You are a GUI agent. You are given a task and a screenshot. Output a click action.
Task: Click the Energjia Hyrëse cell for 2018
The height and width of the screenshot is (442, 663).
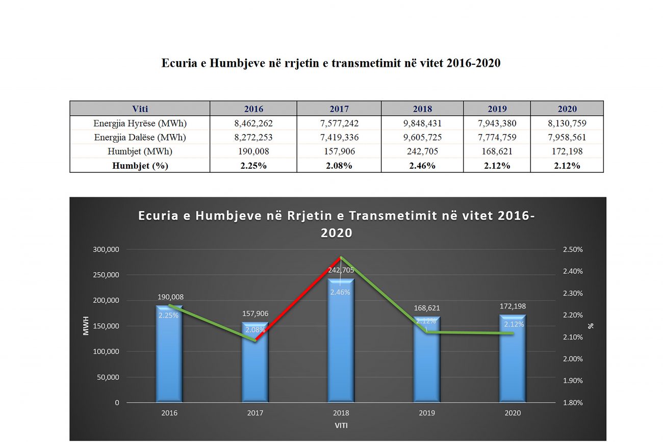coord(422,123)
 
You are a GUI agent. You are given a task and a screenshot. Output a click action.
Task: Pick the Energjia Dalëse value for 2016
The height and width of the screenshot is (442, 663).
coord(253,137)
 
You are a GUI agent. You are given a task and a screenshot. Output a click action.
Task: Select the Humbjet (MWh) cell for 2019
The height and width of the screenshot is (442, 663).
coord(497,151)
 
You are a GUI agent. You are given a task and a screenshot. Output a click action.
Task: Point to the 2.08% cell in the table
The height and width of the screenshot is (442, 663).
coord(339,166)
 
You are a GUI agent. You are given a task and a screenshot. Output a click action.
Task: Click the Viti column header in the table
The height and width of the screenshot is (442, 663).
coord(140,109)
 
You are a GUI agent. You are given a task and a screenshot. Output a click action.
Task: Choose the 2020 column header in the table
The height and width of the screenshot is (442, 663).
coord(567,109)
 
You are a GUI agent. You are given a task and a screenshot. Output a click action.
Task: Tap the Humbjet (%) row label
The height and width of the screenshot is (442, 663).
coord(140,166)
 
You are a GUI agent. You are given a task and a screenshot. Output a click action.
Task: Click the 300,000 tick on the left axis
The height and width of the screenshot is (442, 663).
coord(106,249)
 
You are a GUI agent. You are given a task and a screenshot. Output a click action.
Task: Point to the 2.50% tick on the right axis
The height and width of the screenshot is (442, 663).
coord(573,249)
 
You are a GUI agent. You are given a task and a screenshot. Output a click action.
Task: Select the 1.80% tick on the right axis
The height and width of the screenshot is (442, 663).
coord(573,403)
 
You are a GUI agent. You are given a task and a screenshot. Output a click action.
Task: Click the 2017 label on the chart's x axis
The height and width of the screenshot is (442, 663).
coord(255,413)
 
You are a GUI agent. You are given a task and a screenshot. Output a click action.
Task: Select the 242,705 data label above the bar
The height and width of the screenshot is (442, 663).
coord(341,271)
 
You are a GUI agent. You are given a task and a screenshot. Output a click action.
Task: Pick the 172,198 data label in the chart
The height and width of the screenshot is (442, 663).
coord(513,307)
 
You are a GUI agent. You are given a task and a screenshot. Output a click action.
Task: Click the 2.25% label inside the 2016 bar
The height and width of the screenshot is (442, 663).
coord(168,316)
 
